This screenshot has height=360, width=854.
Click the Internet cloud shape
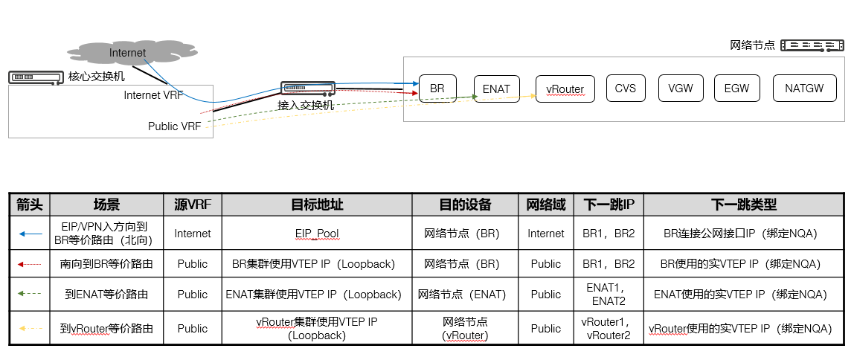[x=127, y=53]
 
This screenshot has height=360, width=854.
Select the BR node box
[x=437, y=89]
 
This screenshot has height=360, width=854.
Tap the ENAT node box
[x=496, y=89]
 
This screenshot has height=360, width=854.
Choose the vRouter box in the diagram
[x=565, y=89]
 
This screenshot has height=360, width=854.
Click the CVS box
[x=626, y=89]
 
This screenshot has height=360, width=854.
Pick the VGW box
[x=681, y=89]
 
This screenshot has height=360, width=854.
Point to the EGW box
[x=736, y=89]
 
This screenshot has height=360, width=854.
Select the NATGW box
[x=804, y=89]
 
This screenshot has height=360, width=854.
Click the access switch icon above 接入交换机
[x=308, y=89]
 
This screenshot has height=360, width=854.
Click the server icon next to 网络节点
[x=806, y=45]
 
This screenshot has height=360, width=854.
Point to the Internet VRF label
[x=152, y=95]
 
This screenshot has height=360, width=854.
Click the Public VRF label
[x=173, y=126]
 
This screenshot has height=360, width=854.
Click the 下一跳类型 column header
[x=743, y=205]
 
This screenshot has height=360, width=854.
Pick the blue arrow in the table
[x=30, y=234]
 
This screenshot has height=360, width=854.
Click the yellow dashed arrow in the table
[x=30, y=328]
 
